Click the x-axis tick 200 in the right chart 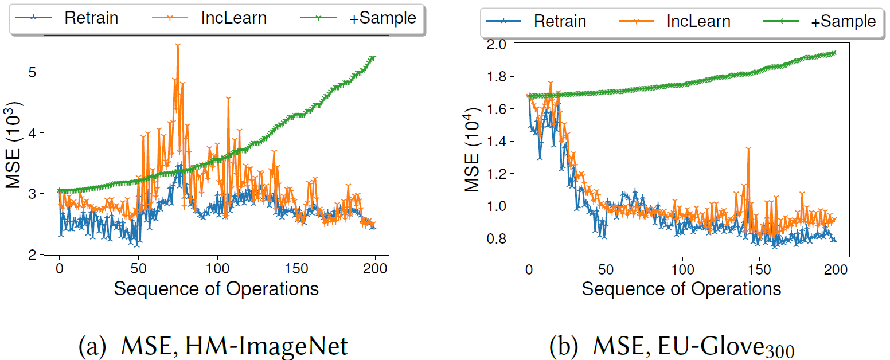click(836, 269)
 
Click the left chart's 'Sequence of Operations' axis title click(216, 288)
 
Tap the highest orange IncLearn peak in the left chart click(178, 44)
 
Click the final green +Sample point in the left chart click(374, 57)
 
